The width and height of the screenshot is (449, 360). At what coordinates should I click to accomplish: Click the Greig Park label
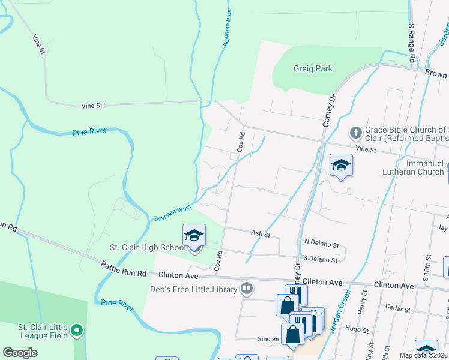click(x=313, y=69)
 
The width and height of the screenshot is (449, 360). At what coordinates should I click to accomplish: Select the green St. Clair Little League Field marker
click(x=76, y=330)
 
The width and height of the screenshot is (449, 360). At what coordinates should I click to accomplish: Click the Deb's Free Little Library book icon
click(x=246, y=289)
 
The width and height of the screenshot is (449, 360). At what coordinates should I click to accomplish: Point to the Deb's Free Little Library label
click(x=193, y=289)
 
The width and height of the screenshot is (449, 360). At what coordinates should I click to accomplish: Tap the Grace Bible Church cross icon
click(x=355, y=132)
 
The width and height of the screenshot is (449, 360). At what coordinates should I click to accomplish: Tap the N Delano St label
click(x=322, y=245)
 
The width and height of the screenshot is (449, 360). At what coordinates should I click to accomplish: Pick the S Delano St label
click(x=321, y=260)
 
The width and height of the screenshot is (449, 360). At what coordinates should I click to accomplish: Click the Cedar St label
click(x=399, y=310)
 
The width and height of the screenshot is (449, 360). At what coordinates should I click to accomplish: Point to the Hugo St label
click(x=357, y=329)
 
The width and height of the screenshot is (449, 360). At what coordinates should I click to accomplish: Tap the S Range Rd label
click(x=412, y=44)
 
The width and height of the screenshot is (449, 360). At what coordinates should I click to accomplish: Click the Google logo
click(x=20, y=353)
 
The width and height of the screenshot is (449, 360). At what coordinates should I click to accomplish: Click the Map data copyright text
click(x=424, y=355)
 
